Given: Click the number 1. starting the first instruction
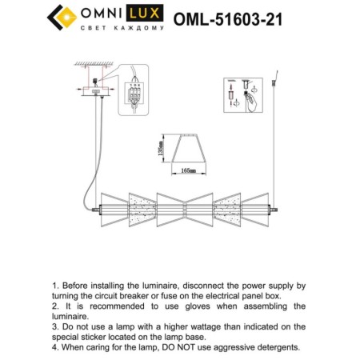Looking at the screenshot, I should [x=55, y=286].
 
